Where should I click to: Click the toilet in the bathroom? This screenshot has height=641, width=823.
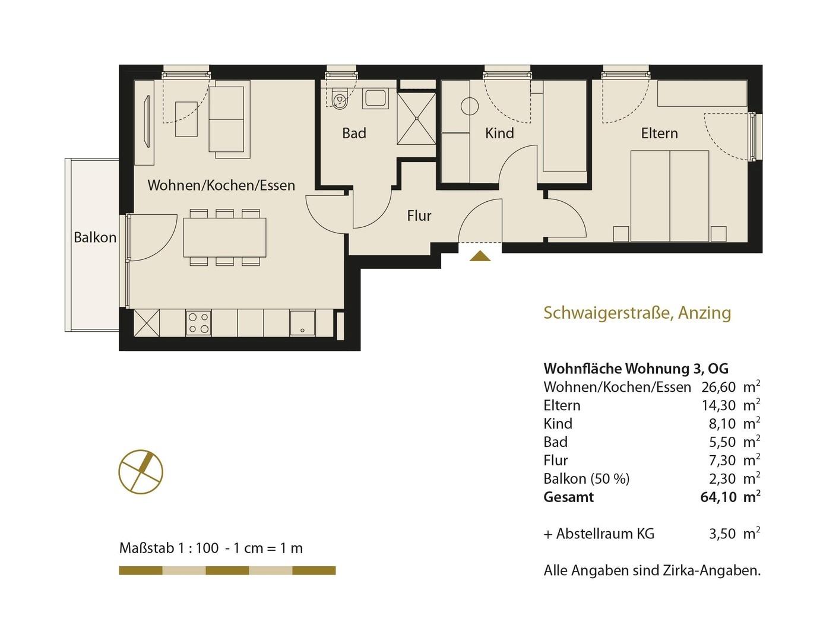coord(338,99)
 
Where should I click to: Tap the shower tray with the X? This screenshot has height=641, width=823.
coord(416,119)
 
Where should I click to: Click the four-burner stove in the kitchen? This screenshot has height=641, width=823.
coord(198,323)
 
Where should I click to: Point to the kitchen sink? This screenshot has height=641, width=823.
coord(302,323)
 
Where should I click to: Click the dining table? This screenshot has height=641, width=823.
coord(224,237)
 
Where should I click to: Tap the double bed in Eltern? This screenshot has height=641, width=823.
coord(669,196)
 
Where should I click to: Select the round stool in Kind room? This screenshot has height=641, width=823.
coord(469,107)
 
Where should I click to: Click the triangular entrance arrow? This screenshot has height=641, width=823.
coord(480,256)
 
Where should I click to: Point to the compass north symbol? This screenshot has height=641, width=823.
coord(141,472)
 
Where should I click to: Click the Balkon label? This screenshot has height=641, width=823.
coord(95,237)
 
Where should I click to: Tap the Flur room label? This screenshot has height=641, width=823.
coord(419,215)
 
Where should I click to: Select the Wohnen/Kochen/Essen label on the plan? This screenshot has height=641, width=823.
coord(221,185)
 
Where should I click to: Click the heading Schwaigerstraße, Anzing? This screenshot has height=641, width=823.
coord(637,313)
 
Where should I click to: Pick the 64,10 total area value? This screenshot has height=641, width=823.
coord(718,497)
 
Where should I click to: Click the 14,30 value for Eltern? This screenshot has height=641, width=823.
coord(718,405)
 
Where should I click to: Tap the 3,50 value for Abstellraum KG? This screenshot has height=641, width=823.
coord(722,534)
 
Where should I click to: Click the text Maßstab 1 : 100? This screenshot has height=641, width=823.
coord(169,548)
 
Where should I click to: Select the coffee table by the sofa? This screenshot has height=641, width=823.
coord(186,119)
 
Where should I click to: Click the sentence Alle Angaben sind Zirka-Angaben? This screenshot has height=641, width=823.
coord(652,570)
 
